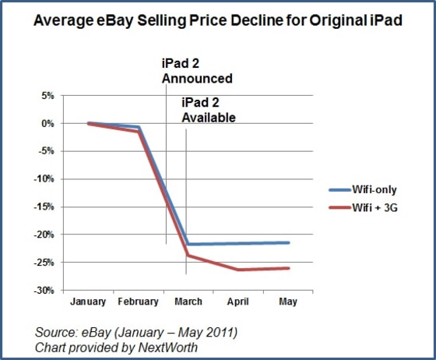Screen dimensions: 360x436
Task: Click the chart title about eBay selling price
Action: click(x=217, y=23)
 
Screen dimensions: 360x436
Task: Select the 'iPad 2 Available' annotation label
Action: click(x=209, y=111)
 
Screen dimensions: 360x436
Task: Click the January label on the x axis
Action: click(x=88, y=302)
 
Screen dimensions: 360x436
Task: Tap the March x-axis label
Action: click(x=188, y=302)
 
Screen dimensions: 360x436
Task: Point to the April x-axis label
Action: click(x=238, y=302)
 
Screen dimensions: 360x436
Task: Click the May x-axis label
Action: click(x=288, y=302)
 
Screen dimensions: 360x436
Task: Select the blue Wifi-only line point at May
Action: click(x=288, y=242)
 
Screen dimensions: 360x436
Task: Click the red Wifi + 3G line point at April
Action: click(x=238, y=270)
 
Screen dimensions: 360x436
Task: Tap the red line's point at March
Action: click(x=188, y=256)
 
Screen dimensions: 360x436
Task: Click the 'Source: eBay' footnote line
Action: click(x=135, y=332)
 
